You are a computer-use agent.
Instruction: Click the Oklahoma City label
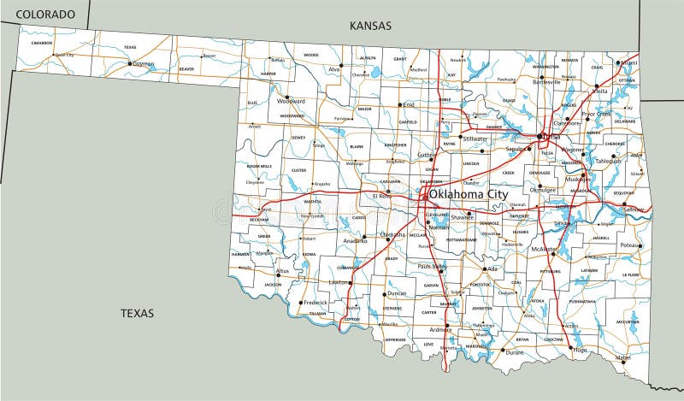pos(468,195)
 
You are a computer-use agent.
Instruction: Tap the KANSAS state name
pos(370,26)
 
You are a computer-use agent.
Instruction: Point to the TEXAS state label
pos(137,313)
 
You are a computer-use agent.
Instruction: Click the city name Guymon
pos(143,62)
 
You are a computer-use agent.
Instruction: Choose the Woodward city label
pos(292,101)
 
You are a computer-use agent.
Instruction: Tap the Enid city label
pos(408,104)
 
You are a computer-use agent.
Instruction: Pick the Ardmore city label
pos(439,329)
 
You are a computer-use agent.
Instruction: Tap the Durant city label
pos(514,352)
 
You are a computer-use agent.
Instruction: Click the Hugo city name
pos(581,350)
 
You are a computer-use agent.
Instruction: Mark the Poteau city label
pos(630,245)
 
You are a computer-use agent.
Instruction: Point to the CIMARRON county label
pos(42,42)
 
